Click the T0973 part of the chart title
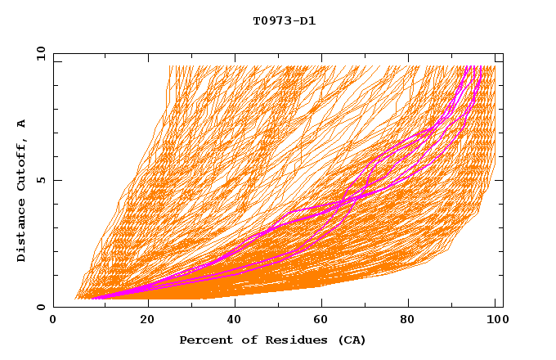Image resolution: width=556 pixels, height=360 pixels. (270, 20)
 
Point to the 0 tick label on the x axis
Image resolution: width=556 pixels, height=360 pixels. (53, 320)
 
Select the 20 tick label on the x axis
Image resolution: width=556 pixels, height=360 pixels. (148, 320)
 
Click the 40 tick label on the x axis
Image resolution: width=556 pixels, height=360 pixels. (236, 320)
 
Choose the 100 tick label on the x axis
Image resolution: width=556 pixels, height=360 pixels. (495, 320)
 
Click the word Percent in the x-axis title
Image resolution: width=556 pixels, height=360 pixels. (204, 340)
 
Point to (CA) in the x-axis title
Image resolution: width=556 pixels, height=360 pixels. (346, 340)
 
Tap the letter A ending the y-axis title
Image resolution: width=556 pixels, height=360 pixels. (22, 124)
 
